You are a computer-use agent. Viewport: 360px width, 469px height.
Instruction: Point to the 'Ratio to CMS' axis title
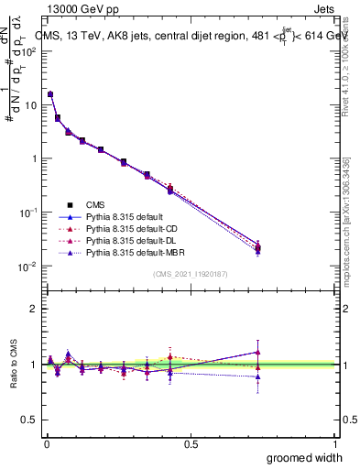click(14, 364)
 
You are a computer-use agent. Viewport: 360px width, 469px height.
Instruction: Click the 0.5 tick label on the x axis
click(191, 442)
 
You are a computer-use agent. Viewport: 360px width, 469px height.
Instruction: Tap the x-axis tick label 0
click(46, 442)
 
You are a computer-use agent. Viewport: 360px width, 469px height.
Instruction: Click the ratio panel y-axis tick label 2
click(34, 309)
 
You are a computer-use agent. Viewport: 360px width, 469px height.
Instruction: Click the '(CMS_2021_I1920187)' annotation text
click(190, 274)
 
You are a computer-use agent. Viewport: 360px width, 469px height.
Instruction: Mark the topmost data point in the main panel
click(50, 94)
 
